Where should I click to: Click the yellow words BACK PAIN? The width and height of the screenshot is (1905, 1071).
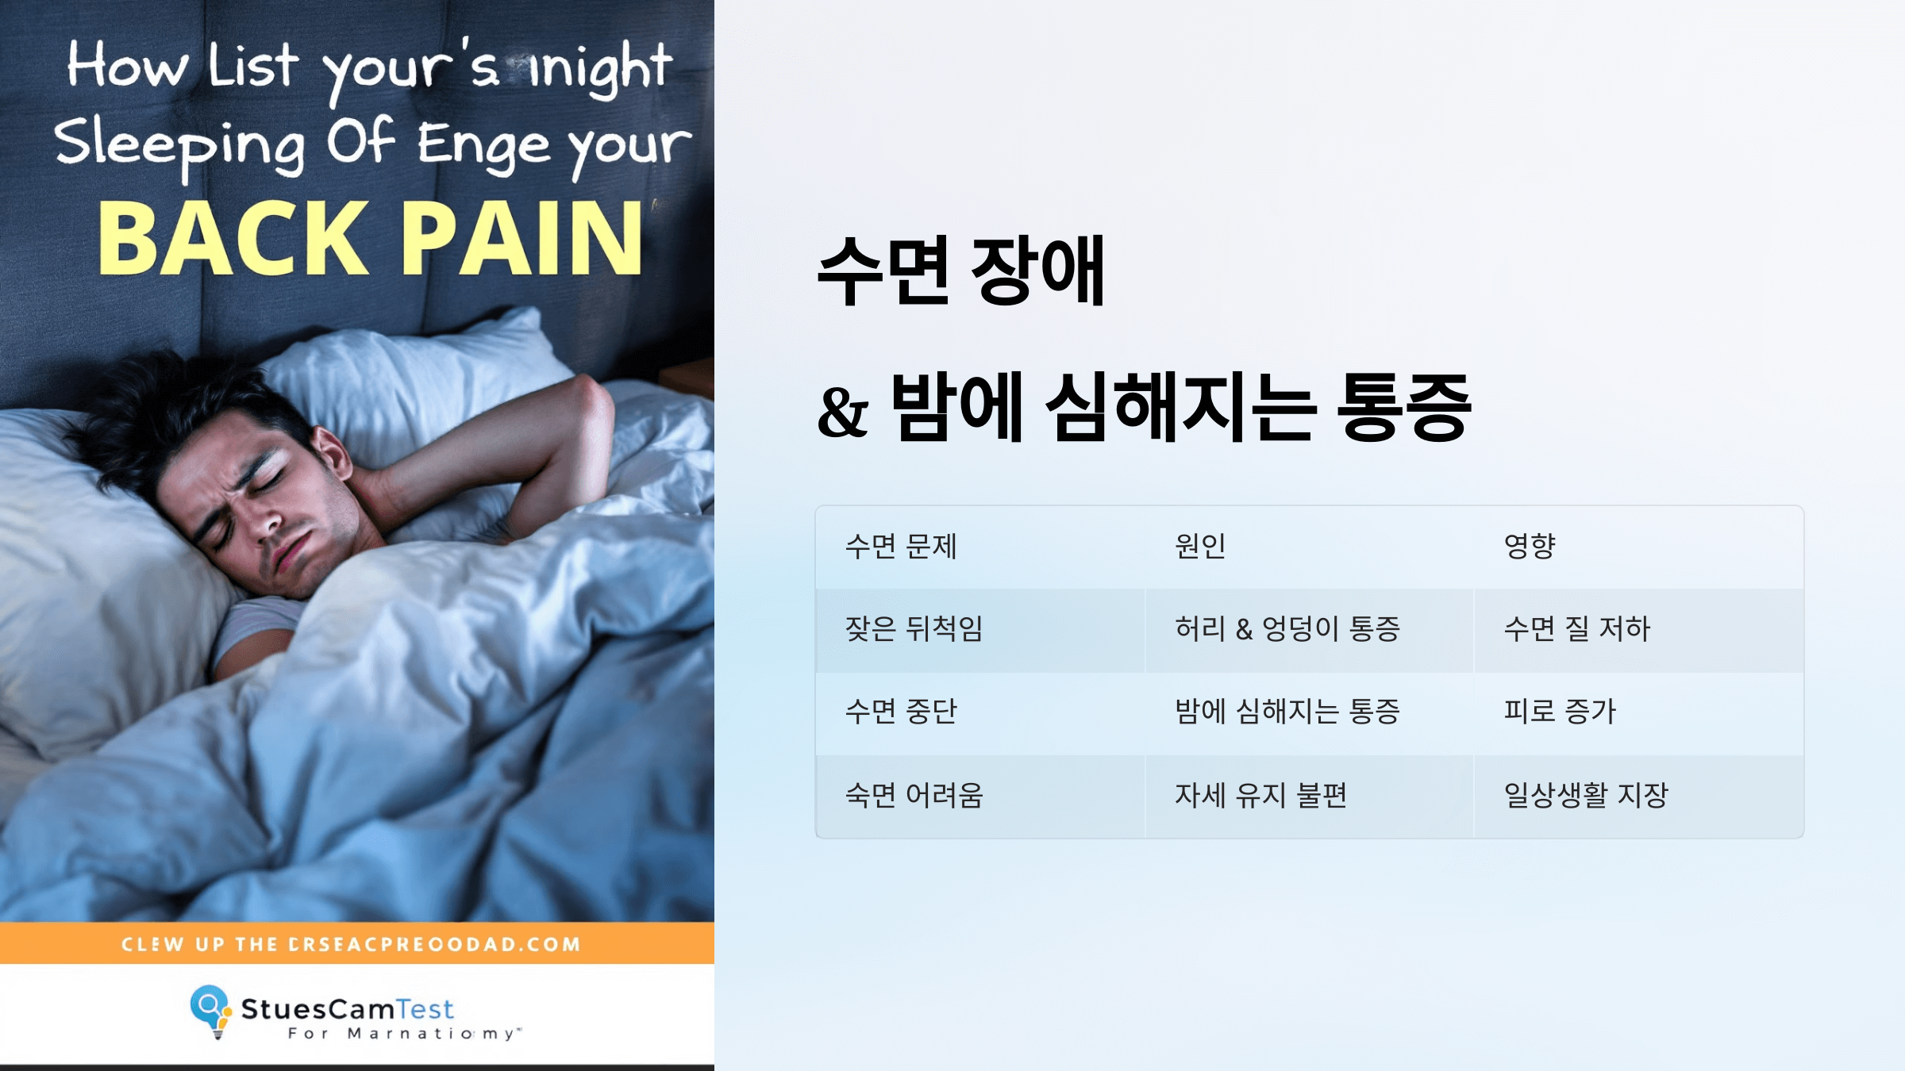370,238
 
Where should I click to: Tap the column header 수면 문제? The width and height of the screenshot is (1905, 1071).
901,547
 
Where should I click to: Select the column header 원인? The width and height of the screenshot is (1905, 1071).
1200,547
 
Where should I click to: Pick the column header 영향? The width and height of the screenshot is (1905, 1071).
1529,547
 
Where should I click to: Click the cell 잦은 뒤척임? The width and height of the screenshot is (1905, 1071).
914,629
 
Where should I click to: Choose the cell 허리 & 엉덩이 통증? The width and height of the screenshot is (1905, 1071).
1287,629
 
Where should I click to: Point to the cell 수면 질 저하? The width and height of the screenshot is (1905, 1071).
1576,629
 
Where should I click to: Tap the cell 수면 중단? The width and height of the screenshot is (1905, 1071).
901,712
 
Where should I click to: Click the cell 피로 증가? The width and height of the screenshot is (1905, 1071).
1560,712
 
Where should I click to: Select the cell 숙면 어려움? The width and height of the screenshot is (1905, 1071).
914,795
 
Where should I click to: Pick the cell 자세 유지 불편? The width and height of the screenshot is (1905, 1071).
1260,795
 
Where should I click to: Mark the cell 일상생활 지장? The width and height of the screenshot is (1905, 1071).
1586,795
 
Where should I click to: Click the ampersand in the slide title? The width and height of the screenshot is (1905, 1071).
843,413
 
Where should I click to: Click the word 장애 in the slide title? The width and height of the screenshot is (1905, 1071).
1038,271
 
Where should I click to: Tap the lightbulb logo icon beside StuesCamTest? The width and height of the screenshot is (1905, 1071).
210,1010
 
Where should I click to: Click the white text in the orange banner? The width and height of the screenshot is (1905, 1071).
351,944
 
